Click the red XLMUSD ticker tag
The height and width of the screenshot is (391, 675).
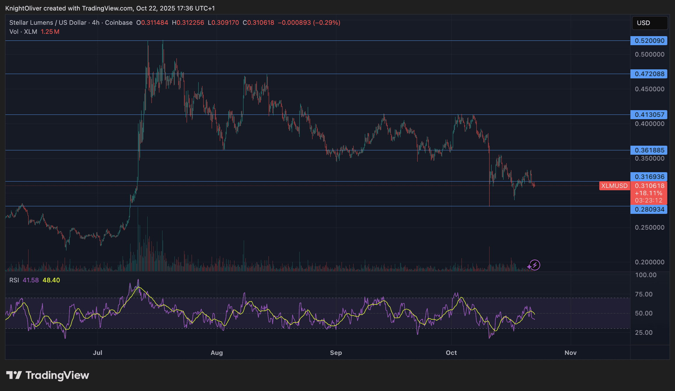(614, 186)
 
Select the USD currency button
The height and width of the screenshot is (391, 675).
(649, 23)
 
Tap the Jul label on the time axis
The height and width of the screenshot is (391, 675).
(98, 353)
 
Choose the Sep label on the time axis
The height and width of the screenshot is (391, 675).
(336, 353)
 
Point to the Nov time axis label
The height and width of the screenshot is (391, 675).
(570, 353)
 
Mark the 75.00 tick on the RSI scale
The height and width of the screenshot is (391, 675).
(644, 294)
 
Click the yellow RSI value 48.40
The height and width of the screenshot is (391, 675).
(51, 280)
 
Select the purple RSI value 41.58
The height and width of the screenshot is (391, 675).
(31, 280)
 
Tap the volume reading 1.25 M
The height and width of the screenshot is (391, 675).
(50, 32)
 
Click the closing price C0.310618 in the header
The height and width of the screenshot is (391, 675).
(258, 23)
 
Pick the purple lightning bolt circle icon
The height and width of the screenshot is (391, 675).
(535, 265)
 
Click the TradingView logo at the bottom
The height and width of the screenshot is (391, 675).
(48, 375)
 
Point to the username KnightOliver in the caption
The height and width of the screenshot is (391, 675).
(23, 8)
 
